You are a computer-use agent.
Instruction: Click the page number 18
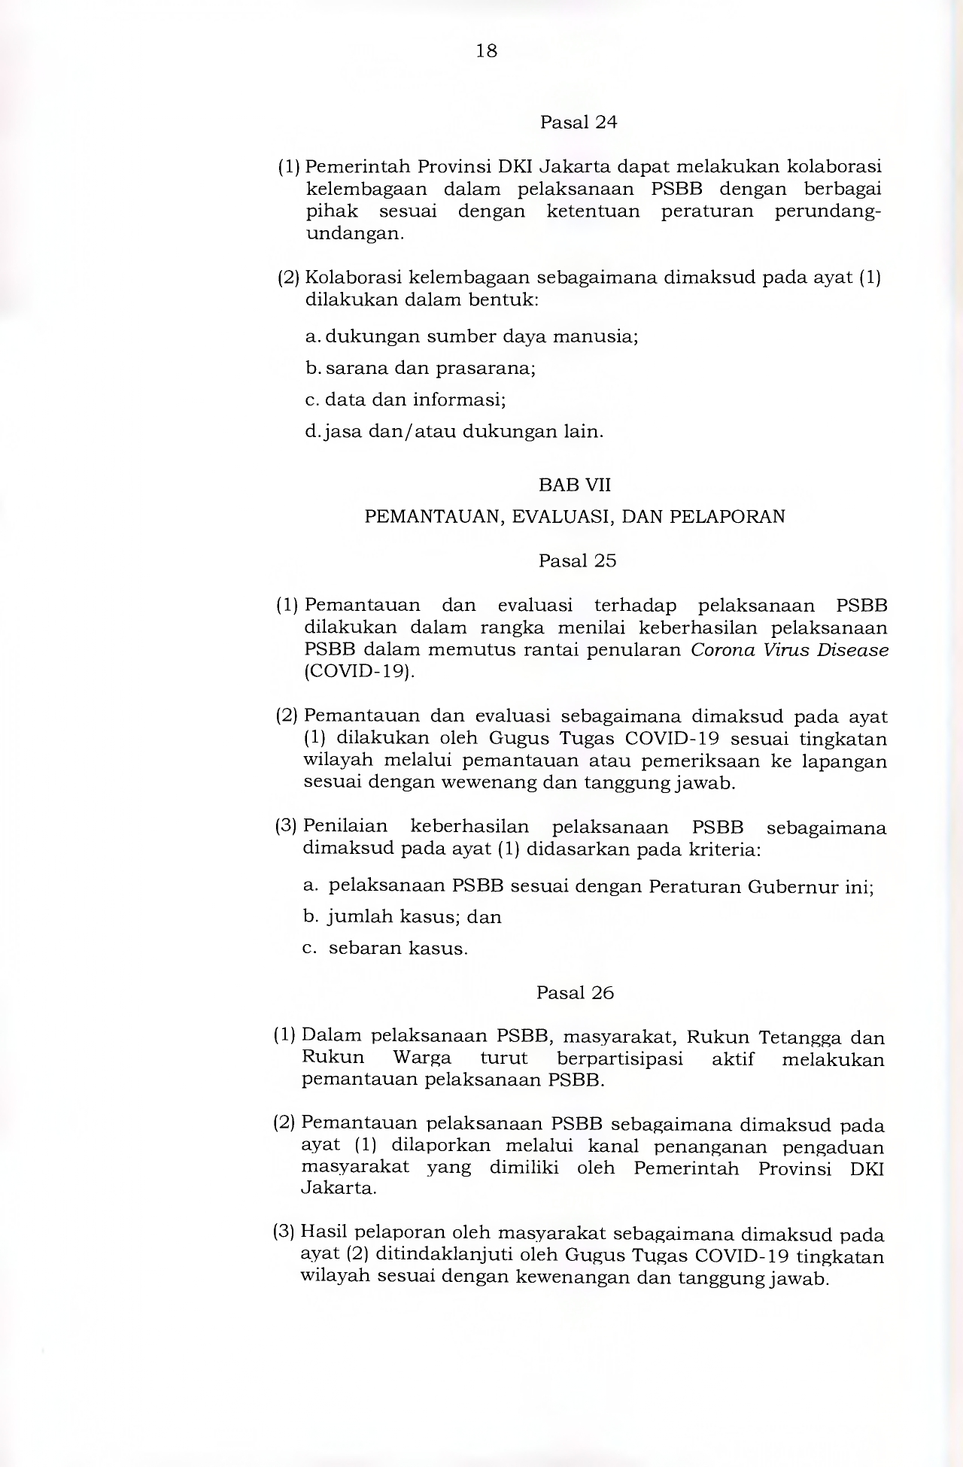487,51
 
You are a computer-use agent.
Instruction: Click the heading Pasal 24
578,123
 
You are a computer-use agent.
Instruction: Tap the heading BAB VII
575,485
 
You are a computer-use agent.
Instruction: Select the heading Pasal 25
577,561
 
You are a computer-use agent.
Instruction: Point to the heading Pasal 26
575,993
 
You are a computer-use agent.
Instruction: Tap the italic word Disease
853,650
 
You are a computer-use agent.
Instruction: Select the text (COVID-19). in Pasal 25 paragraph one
359,671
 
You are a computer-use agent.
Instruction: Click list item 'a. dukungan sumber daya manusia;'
472,336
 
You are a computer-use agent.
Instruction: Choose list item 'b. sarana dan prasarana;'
421,369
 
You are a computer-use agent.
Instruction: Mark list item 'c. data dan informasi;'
406,399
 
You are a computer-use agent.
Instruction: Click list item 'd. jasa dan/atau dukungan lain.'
454,432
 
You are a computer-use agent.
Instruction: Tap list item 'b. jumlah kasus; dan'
402,917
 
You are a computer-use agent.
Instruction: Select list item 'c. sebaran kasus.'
385,948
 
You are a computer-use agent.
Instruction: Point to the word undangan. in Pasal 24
355,233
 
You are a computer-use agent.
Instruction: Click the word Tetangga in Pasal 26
800,1038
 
